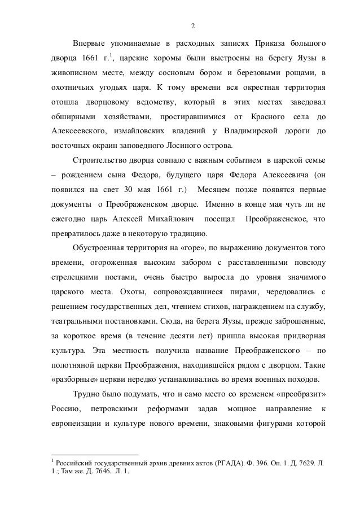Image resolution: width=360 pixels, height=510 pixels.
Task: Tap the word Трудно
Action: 87,394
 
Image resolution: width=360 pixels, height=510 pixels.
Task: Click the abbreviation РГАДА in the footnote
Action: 231,463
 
